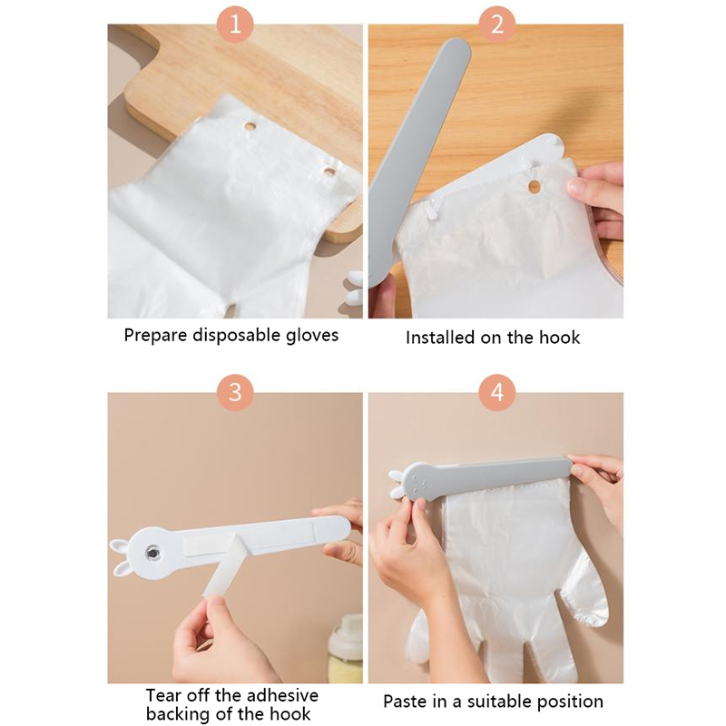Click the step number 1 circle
point(235,24)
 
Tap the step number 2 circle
point(496,24)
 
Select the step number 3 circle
point(235,392)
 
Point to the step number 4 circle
point(496,392)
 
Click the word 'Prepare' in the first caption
point(155,336)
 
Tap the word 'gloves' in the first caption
point(312,335)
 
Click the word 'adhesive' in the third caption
point(282,695)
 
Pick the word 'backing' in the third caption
point(177,714)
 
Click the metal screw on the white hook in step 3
point(151,553)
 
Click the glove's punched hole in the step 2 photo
point(534,187)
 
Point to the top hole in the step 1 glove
point(250,126)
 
